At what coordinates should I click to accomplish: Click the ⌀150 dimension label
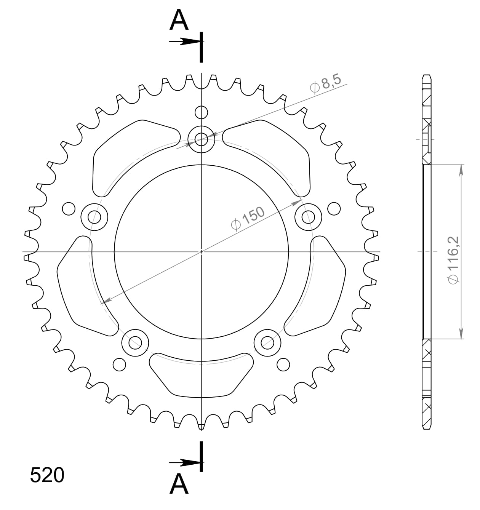(248, 219)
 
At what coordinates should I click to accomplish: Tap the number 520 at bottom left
(47, 475)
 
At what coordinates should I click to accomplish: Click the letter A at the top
(179, 21)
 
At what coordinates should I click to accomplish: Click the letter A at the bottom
(179, 484)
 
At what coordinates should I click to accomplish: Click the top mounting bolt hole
(202, 139)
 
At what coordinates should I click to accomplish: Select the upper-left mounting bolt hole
(95, 217)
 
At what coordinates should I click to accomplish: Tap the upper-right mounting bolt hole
(308, 217)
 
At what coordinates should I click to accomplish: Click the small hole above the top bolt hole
(202, 112)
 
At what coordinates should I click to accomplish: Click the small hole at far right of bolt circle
(334, 209)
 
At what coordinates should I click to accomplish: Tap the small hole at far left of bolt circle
(69, 209)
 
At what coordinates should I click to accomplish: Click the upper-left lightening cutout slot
(130, 152)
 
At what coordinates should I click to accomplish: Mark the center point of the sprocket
(202, 252)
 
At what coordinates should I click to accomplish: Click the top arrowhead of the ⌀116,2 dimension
(461, 169)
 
